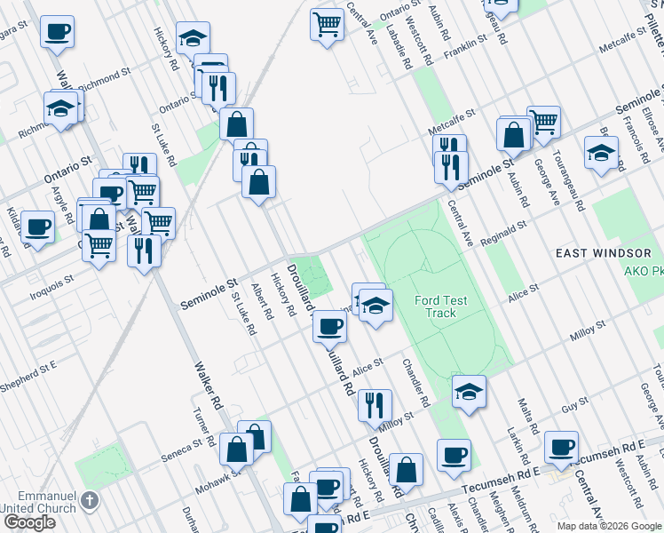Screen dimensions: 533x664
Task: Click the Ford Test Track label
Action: coord(435,306)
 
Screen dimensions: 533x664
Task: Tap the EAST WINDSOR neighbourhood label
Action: coord(604,253)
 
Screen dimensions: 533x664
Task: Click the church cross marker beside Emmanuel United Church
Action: coord(88,500)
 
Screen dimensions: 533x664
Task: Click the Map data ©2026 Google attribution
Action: coord(609,526)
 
